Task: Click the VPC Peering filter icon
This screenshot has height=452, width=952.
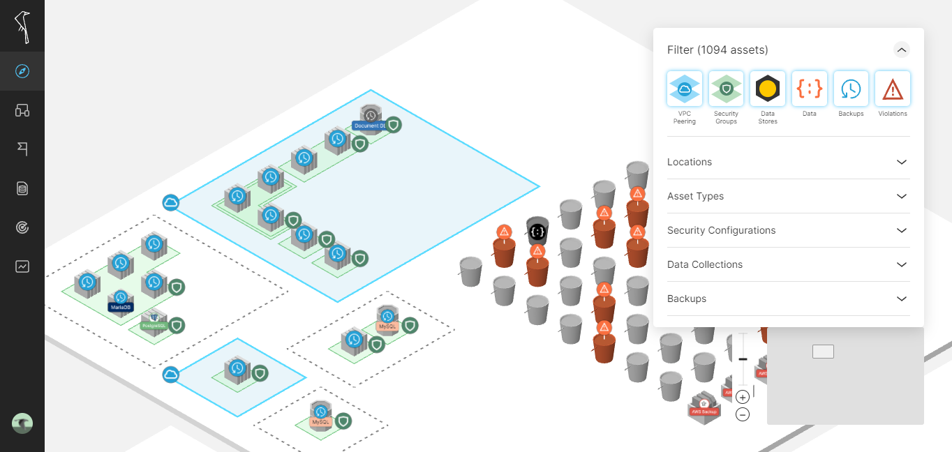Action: click(684, 89)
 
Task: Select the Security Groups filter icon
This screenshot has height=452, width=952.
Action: click(726, 89)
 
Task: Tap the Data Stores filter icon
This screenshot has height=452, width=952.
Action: click(768, 89)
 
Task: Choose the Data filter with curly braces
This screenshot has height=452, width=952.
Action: click(810, 89)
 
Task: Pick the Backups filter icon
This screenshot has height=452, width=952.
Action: click(851, 89)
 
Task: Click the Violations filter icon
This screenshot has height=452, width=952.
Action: click(893, 89)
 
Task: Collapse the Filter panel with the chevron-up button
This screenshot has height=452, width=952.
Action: click(902, 50)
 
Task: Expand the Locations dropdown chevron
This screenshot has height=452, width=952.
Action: click(902, 162)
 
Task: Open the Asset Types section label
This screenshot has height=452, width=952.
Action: click(695, 196)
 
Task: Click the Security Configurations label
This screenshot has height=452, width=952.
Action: click(721, 230)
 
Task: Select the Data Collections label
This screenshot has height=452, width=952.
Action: click(704, 264)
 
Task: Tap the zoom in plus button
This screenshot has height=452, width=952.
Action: click(743, 397)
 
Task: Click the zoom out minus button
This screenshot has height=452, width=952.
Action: click(743, 414)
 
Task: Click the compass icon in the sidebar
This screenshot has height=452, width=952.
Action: click(22, 71)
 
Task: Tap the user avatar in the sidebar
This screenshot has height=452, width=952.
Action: click(22, 423)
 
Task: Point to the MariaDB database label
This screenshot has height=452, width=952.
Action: click(120, 307)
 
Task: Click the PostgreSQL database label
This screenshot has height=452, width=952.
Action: click(154, 325)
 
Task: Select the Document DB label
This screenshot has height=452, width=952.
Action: click(369, 126)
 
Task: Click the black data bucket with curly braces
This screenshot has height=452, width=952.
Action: click(537, 231)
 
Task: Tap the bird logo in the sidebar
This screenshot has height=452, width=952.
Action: click(22, 27)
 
